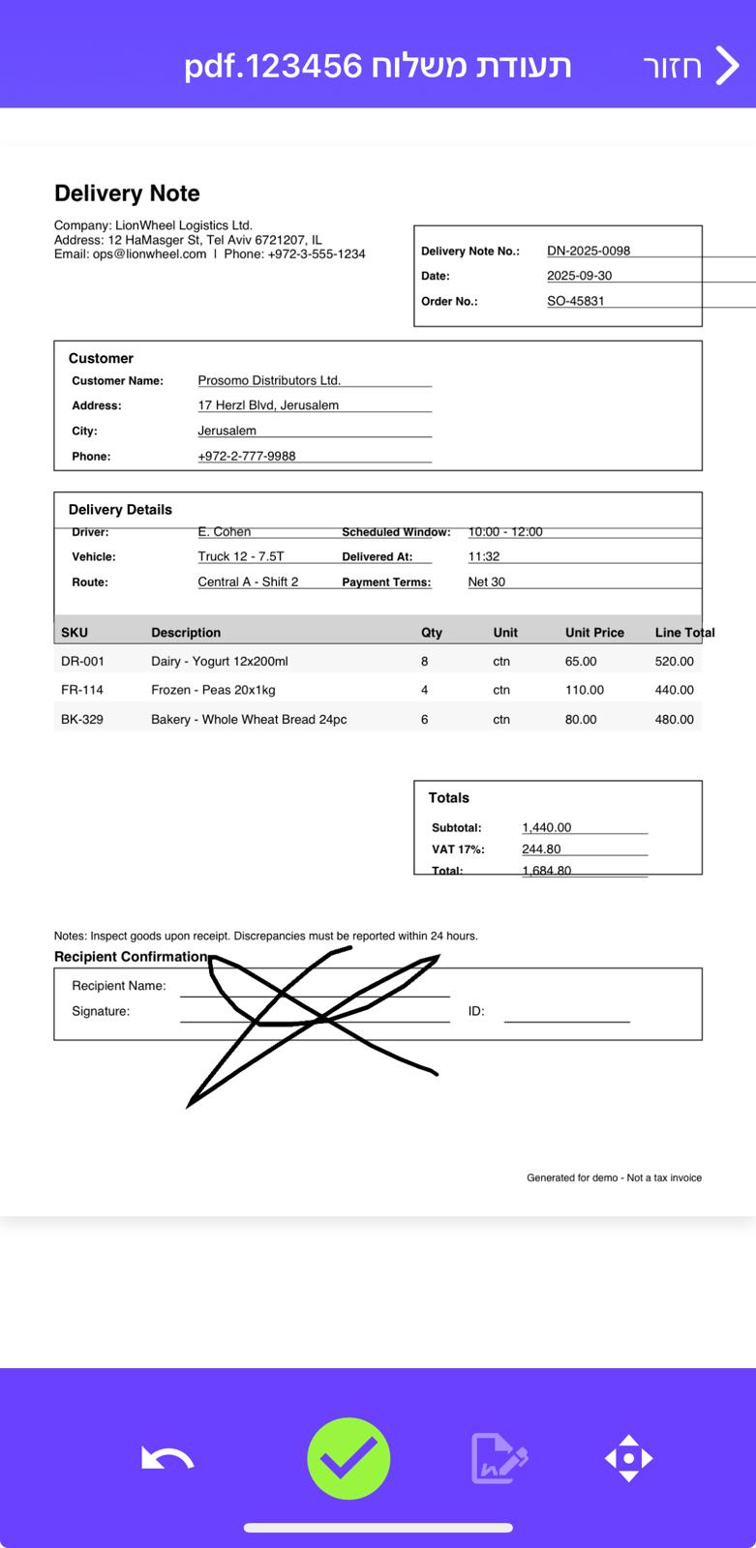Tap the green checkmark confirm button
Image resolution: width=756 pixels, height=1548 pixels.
coord(348,1458)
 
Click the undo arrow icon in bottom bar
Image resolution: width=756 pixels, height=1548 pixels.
coord(167,1458)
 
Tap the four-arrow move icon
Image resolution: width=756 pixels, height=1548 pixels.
coord(628,1458)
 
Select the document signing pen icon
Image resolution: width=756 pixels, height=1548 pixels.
coord(499,1458)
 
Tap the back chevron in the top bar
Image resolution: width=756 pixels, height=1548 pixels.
coord(727,66)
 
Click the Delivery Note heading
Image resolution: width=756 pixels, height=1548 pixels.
coord(127,193)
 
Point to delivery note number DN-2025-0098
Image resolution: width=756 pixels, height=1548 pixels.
coord(589,251)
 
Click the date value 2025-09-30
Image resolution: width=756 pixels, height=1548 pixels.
coord(579,276)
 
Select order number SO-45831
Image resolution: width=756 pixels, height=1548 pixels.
coord(575,301)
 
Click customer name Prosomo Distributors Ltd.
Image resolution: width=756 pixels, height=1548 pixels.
coord(269,380)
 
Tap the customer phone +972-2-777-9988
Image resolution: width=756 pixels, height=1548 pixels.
coord(247,456)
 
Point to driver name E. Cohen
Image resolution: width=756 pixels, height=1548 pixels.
coord(224,531)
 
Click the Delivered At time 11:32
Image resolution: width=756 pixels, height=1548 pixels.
coord(484,556)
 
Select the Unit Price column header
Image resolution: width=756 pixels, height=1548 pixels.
coord(594,633)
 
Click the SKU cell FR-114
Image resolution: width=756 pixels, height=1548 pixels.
coord(82,690)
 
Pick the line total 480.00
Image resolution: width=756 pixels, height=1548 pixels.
coord(674,720)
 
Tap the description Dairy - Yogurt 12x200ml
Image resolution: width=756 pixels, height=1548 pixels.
coord(220,662)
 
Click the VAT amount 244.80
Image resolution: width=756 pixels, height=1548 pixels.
coord(541,849)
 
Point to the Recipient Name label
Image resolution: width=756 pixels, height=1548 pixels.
coord(119,986)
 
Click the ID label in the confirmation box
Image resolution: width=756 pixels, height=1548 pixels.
coord(476,1011)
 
